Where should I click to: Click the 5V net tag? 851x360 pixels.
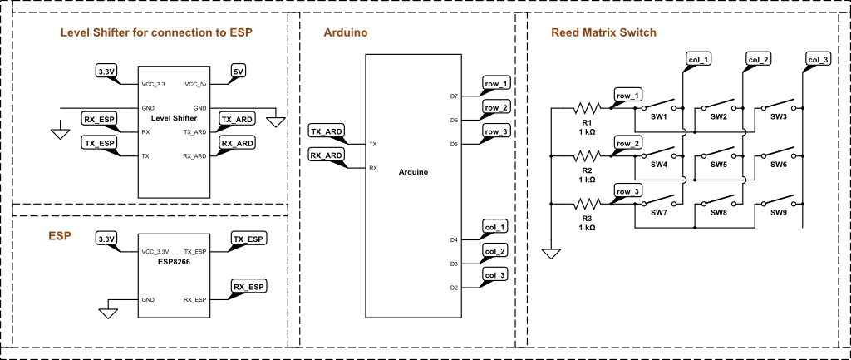(x=239, y=72)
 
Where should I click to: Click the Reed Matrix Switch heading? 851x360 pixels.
(x=604, y=33)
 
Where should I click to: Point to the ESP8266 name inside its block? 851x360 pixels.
(x=175, y=262)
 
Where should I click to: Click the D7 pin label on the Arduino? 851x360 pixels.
(x=454, y=96)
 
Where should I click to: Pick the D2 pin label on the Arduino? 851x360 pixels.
(x=454, y=288)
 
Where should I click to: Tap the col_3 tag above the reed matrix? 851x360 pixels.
(x=818, y=59)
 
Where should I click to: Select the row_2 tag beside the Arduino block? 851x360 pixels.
(x=497, y=108)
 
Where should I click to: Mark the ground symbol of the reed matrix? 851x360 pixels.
(x=549, y=253)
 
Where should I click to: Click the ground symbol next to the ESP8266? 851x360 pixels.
(x=107, y=313)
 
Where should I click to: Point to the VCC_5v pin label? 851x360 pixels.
(x=195, y=84)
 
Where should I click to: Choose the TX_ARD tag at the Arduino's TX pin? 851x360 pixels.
(x=327, y=131)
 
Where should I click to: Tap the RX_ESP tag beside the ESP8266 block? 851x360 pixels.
(x=248, y=287)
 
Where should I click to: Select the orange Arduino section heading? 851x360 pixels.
(x=346, y=33)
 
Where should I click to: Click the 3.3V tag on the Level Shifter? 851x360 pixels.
(x=106, y=72)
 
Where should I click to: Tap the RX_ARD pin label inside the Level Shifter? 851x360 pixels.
(x=194, y=155)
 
